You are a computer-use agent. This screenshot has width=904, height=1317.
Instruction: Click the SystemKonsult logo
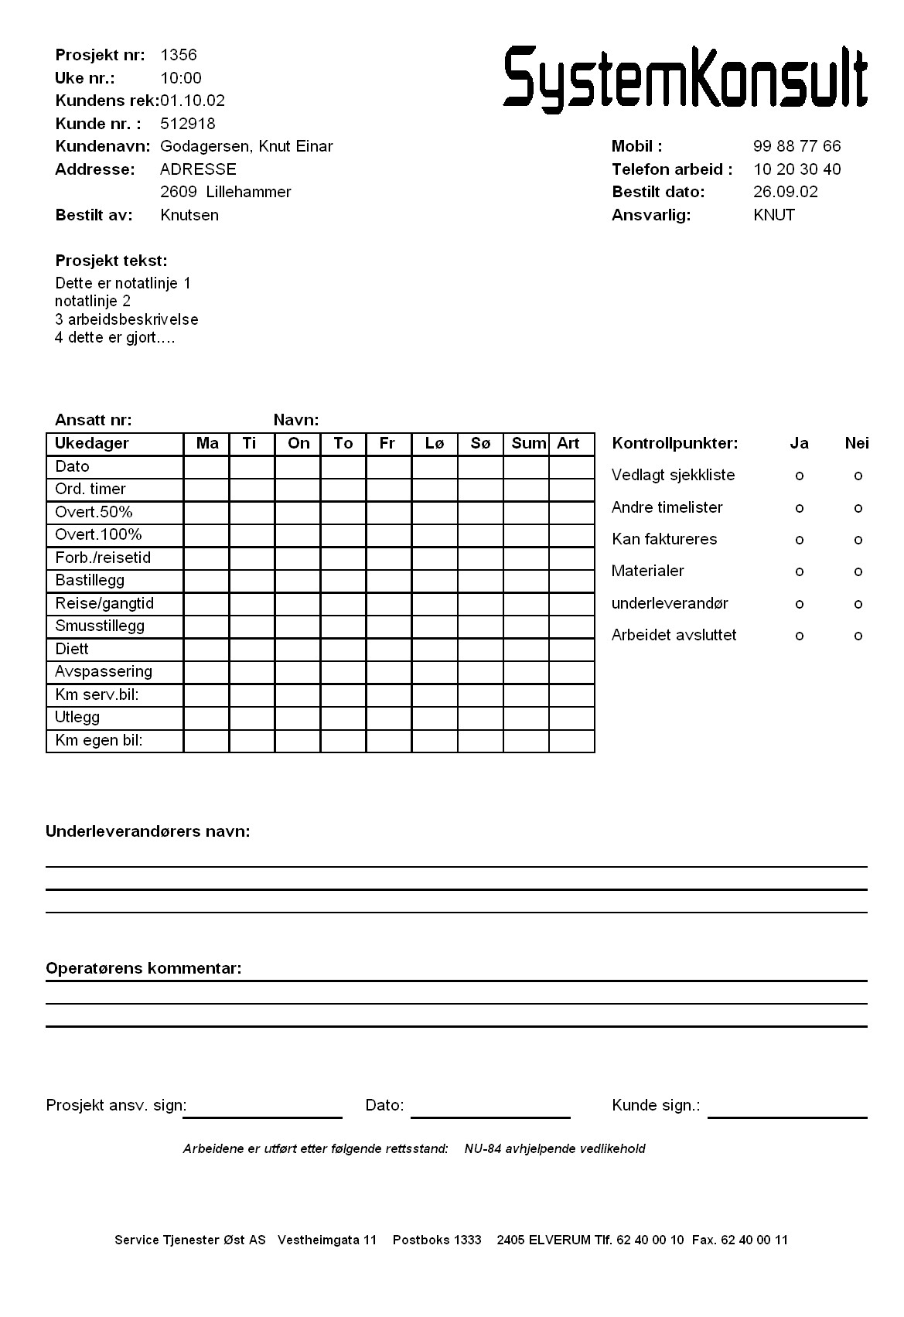tap(684, 77)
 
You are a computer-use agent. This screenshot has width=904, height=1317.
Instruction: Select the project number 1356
tap(179, 55)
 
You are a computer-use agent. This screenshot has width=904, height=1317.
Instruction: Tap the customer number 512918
tap(188, 124)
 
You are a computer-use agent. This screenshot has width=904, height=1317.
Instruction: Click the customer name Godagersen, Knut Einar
tap(246, 146)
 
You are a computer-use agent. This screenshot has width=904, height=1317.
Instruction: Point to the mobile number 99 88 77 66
tap(797, 146)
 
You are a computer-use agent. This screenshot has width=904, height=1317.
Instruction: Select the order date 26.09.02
tap(785, 192)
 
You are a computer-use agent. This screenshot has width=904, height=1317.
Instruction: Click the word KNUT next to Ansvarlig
tap(773, 215)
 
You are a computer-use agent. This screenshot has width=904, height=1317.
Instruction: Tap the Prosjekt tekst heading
tap(111, 261)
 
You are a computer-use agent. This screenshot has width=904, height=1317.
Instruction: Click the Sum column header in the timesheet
tap(528, 443)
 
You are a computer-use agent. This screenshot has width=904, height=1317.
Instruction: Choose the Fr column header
tap(387, 443)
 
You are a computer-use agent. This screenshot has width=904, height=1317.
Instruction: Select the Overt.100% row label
tap(98, 534)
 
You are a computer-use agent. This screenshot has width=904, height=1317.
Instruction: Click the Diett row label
tap(72, 649)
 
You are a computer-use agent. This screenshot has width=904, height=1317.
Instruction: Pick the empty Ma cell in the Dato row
tap(206, 467)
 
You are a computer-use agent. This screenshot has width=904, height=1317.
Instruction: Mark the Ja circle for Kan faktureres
tap(800, 540)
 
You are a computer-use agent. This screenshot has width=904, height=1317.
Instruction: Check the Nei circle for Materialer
tap(858, 572)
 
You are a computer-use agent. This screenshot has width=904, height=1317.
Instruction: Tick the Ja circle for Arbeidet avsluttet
tap(800, 636)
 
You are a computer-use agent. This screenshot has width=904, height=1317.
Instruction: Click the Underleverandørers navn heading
tap(148, 831)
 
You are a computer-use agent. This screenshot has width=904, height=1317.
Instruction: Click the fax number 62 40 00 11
tap(754, 1240)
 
